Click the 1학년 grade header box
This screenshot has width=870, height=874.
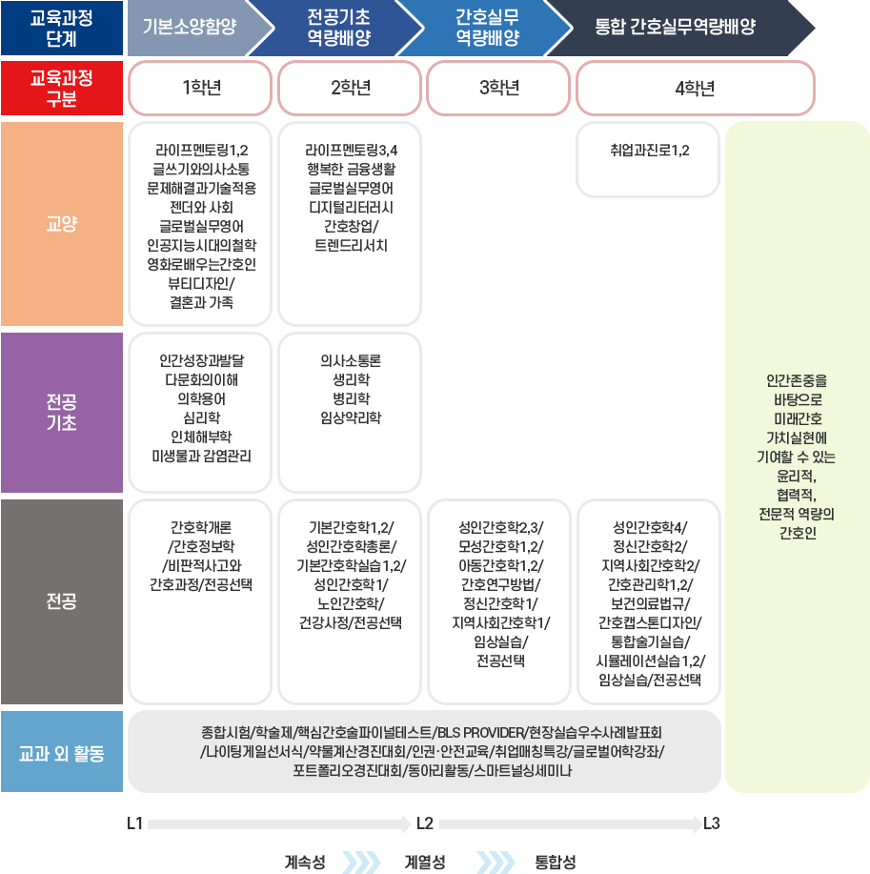[x=201, y=89]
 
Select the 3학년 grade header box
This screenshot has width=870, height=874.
[x=499, y=89]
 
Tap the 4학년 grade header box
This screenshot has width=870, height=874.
[x=695, y=89]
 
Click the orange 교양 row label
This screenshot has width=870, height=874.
[x=62, y=224]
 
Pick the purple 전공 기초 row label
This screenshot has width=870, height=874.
[x=62, y=412]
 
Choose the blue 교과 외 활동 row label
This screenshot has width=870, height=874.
[x=62, y=753]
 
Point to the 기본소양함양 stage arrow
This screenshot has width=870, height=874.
[x=190, y=28]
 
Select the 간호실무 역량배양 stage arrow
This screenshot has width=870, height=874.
[x=487, y=28]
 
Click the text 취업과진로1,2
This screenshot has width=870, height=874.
[x=649, y=151]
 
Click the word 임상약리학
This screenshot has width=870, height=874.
[x=350, y=417]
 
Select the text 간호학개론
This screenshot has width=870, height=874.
[x=201, y=527]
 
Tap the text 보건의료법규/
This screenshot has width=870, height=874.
[x=649, y=603]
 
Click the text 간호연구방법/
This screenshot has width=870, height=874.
[x=499, y=584]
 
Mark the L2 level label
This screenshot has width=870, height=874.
[x=425, y=823]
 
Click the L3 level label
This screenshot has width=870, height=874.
[x=711, y=823]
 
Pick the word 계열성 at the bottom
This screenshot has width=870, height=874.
[x=425, y=863]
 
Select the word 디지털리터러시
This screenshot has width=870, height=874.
[x=350, y=207]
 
